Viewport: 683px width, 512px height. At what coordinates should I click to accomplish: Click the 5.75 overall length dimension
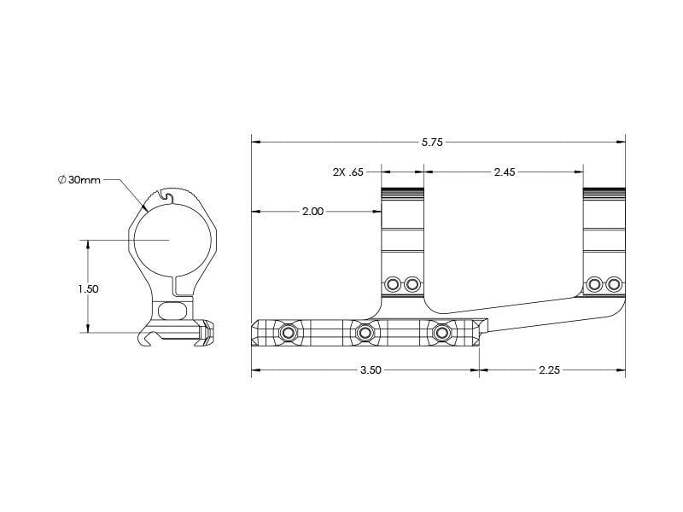tap(433, 143)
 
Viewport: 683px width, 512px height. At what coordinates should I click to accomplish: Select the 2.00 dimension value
tap(313, 212)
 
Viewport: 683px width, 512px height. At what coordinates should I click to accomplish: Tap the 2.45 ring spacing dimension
tap(505, 172)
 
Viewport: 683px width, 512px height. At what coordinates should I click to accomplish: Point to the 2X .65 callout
tap(348, 172)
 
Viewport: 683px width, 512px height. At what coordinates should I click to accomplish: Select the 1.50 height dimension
tap(88, 289)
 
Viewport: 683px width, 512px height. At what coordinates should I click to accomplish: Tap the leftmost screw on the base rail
tap(289, 331)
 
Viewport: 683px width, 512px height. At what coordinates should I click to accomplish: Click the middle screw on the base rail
tap(365, 331)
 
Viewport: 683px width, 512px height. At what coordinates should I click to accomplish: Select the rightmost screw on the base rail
tap(441, 331)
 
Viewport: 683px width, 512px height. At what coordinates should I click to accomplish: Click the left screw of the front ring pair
tap(394, 283)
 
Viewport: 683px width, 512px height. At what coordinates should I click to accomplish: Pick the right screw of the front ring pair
tap(412, 283)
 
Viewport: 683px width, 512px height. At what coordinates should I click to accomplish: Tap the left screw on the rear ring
tap(594, 283)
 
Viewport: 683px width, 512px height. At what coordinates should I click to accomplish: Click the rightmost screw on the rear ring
tap(614, 283)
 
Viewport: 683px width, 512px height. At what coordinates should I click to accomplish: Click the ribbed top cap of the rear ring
tap(604, 191)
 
